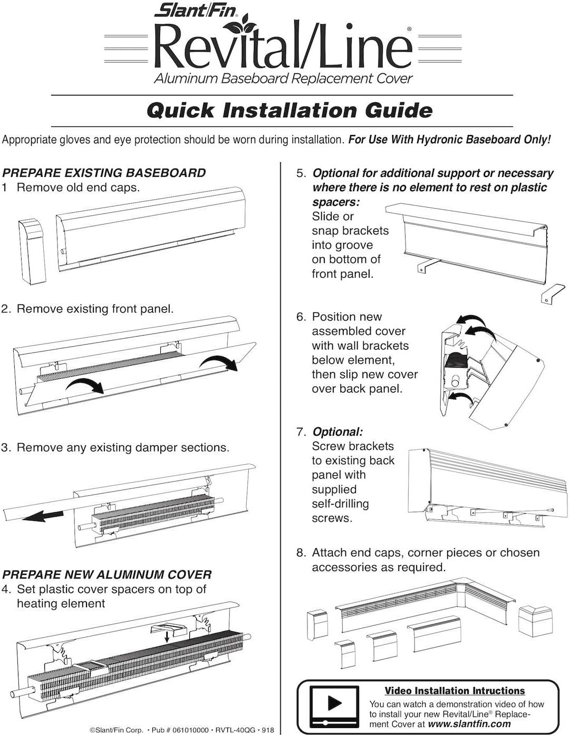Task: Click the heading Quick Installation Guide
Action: [289, 111]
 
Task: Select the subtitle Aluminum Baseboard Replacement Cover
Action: [283, 79]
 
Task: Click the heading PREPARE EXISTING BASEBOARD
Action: [104, 173]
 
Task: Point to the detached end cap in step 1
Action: [32, 251]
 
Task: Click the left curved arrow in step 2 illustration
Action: [84, 385]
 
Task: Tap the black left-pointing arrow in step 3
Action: [43, 515]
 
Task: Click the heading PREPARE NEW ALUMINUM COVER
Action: [107, 575]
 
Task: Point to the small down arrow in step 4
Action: [167, 637]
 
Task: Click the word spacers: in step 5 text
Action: [336, 202]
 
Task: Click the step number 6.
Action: [301, 317]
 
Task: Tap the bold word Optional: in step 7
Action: [337, 432]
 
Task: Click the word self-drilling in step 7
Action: [340, 504]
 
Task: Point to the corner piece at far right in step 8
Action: [535, 621]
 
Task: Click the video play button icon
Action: [334, 703]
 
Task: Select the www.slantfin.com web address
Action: [470, 724]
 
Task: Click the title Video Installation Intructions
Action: [455, 691]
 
